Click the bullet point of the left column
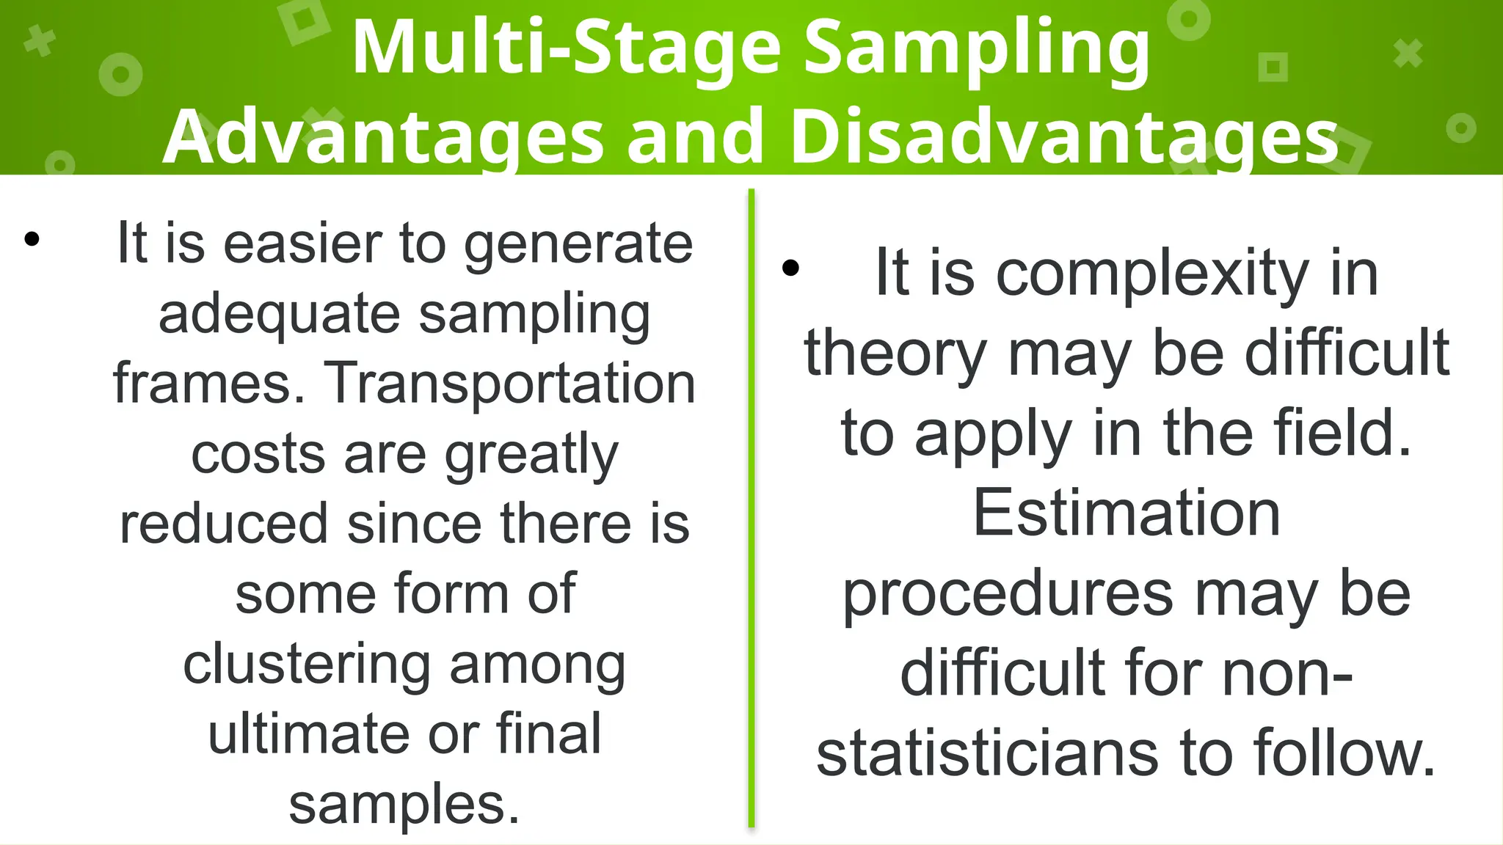32,239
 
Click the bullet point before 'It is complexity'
790,268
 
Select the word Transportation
509,384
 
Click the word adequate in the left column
279,314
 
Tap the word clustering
306,665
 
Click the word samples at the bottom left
404,804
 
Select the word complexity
1152,274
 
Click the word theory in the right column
895,354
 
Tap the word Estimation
1127,513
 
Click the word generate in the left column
578,244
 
